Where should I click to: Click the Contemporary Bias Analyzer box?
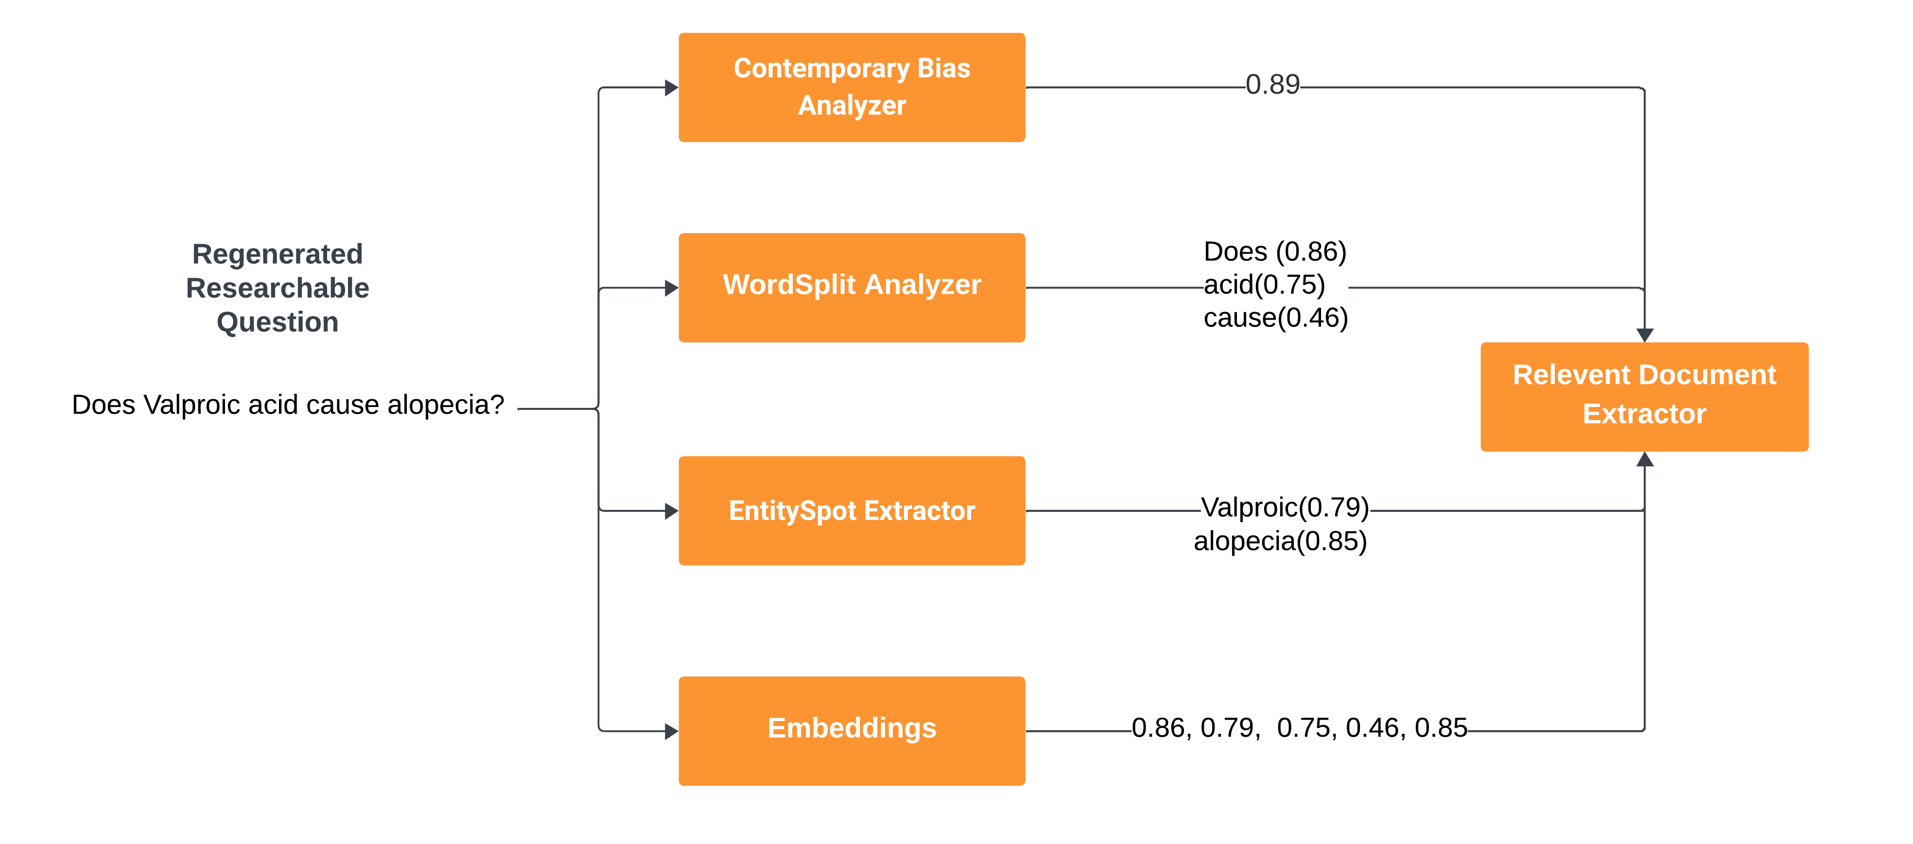852,87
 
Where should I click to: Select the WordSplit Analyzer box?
852,288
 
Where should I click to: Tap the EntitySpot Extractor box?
852,511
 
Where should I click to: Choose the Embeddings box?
852,731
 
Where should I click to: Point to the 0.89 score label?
1273,84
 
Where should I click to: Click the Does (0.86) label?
1275,252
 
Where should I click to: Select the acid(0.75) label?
1265,284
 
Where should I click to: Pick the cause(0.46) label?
1276,318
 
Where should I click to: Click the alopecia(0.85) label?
1280,541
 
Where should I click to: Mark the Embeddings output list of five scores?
1300,728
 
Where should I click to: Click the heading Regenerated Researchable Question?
278,288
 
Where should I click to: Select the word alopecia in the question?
446,405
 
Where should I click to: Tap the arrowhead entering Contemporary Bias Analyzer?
671,87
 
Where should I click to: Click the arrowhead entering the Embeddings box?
671,731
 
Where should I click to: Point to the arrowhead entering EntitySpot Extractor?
671,511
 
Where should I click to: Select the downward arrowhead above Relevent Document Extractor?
1645,336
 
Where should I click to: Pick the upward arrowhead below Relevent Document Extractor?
1645,459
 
